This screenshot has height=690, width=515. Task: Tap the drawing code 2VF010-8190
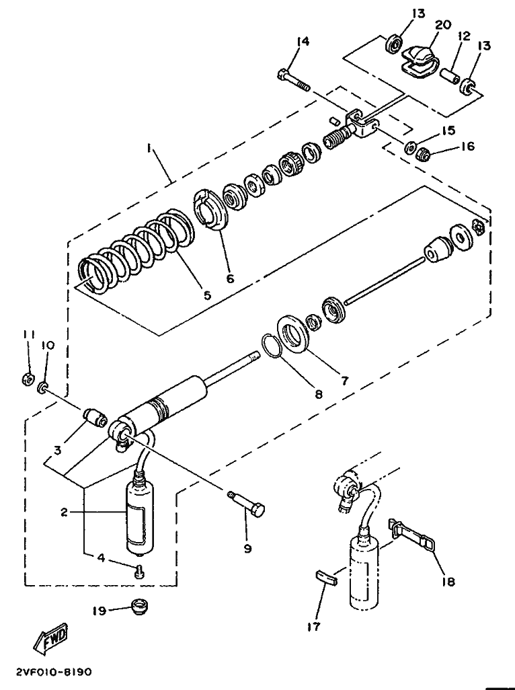click(54, 673)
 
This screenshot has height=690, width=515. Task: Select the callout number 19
click(100, 611)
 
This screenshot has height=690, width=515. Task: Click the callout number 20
click(443, 25)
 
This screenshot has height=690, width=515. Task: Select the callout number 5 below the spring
click(206, 295)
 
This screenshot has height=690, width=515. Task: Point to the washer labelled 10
click(43, 387)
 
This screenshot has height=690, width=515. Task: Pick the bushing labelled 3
click(95, 417)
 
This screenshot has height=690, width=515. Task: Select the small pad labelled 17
click(326, 576)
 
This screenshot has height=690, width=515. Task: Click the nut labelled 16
click(423, 154)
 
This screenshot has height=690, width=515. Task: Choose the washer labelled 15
click(411, 147)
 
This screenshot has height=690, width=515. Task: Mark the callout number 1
click(149, 149)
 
